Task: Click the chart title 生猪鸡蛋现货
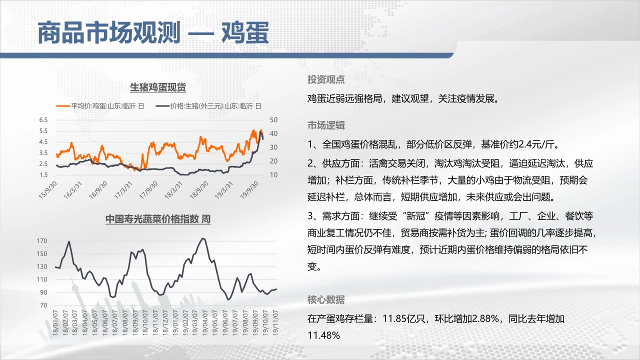(158, 87)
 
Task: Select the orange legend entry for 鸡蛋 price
(100, 106)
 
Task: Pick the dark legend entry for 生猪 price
(208, 106)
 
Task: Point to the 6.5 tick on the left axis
(43, 120)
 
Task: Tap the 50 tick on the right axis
(273, 120)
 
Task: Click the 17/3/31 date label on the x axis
(123, 190)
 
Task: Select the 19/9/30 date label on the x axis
(249, 190)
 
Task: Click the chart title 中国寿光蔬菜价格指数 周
(158, 219)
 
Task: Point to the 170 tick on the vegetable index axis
(42, 241)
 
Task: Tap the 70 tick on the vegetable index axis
(43, 305)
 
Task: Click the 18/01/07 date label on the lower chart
(55, 322)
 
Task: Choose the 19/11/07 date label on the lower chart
(275, 322)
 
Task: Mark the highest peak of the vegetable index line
(203, 238)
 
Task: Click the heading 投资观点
(326, 79)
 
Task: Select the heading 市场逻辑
(326, 125)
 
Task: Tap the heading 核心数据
(326, 299)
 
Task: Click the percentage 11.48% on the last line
(323, 335)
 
